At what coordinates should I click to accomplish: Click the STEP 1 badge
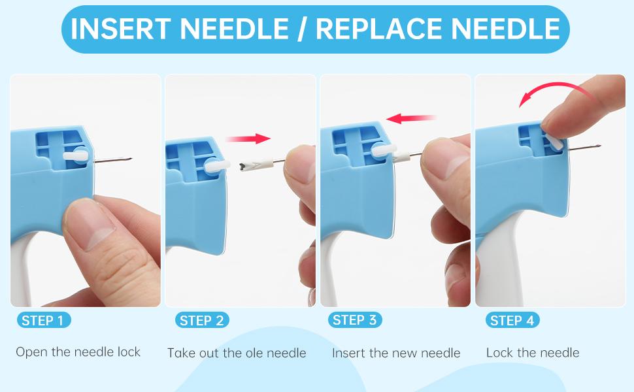(x=44, y=320)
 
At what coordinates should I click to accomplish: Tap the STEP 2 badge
(x=202, y=320)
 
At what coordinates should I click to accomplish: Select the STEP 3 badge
(x=355, y=319)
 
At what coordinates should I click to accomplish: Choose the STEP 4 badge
(x=512, y=320)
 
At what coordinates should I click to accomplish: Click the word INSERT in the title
(x=120, y=29)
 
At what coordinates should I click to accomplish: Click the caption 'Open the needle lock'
(x=78, y=352)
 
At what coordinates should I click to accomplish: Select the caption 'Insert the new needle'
(x=396, y=353)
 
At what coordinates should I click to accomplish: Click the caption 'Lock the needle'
(x=533, y=353)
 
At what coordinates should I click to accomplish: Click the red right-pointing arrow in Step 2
(x=248, y=139)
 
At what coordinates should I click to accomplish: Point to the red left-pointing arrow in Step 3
(x=411, y=118)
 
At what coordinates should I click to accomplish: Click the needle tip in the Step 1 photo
(x=132, y=158)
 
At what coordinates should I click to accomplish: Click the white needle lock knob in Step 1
(x=76, y=155)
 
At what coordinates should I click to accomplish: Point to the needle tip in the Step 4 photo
(x=600, y=146)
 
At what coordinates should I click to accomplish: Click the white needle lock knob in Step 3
(x=383, y=150)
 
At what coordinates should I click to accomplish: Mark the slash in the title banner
(x=301, y=29)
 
